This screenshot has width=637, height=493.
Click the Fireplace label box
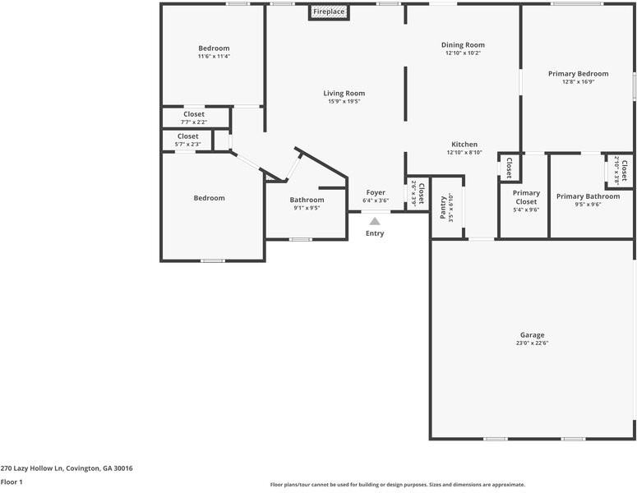click(329, 12)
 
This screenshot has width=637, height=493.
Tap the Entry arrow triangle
click(375, 220)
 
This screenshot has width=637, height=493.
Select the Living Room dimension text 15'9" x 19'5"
click(344, 102)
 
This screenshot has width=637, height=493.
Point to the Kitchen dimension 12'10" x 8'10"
click(464, 152)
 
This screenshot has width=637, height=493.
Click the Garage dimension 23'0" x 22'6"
click(532, 343)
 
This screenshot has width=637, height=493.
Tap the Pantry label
click(443, 207)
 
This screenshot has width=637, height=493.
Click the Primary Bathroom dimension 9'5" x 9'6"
click(588, 205)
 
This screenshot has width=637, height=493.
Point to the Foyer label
click(376, 192)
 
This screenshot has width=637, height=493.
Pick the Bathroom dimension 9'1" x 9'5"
click(307, 208)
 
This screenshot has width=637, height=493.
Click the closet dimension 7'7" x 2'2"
click(194, 122)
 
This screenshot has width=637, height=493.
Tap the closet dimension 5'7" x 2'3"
click(187, 145)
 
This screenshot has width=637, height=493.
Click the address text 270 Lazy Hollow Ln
click(67, 468)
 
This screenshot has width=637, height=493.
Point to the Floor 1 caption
click(12, 481)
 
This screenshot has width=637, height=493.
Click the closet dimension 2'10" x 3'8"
click(617, 171)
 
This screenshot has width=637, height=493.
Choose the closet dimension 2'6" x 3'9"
click(413, 196)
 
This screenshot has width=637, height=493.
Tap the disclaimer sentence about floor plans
click(397, 485)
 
